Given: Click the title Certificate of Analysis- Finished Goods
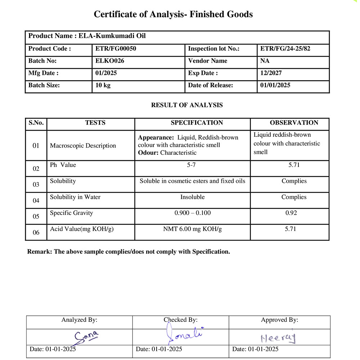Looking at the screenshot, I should coord(173,14).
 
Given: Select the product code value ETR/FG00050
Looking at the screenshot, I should coord(115,49).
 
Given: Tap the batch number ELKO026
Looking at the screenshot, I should coord(109,61).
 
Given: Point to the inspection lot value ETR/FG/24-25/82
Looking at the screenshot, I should coord(285,49).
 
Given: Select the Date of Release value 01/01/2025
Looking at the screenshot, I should coord(275,85).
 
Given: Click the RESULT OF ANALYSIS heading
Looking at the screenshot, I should coord(187,105).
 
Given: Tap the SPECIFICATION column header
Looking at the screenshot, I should coord(197,123).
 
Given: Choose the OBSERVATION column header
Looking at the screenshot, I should coord(294,123).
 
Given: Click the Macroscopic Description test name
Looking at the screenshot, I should coord(83,146).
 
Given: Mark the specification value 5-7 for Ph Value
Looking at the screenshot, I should coord(193,165).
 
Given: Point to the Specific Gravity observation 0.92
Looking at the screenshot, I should coord(291,213).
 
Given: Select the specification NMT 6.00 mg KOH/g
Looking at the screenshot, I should coord(193,229).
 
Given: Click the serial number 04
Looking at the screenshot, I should coord(36,201).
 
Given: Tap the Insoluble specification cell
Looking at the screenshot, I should coord(193,197).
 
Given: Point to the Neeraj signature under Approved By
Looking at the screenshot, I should coord(278,338).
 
